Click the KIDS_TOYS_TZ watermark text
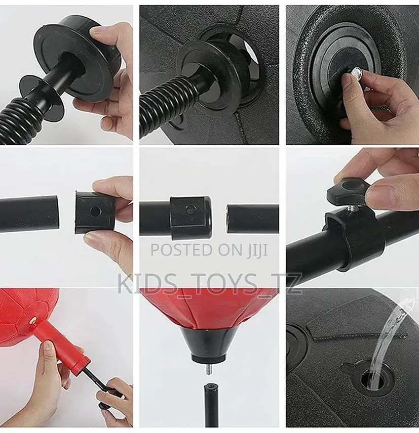click(x=209, y=284)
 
